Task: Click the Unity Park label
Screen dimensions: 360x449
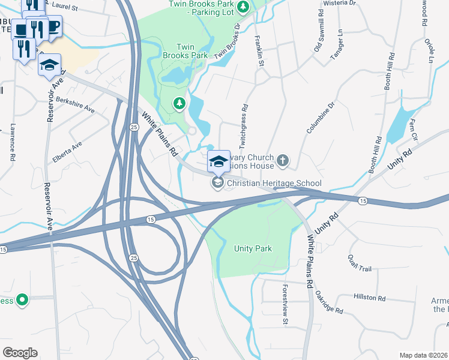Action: [253, 249]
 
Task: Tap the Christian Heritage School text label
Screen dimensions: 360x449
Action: [274, 183]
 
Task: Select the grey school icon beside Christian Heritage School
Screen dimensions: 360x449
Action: [218, 183]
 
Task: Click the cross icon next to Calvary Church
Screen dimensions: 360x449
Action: [283, 161]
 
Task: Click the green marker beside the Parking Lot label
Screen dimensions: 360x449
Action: [243, 7]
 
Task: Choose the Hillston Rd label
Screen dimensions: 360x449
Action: [369, 297]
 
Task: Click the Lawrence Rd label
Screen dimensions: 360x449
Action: [13, 142]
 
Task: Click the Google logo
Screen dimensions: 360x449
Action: [20, 353]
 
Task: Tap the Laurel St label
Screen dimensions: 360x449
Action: [65, 7]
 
